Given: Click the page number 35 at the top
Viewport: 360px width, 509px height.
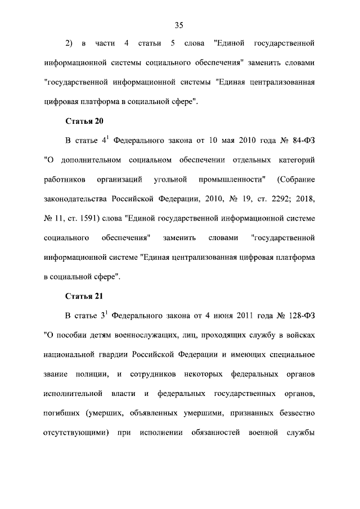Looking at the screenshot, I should (179, 25).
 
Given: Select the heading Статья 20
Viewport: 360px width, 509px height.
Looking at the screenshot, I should (84, 121).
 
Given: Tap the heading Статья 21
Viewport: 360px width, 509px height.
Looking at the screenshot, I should (84, 296).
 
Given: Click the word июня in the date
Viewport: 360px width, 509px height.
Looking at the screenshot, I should (211, 315).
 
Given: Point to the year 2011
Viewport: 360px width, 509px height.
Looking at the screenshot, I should (236, 315).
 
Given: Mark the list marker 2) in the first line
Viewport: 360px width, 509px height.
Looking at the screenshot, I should (69, 43).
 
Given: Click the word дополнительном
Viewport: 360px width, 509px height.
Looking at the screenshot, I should (89, 160).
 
